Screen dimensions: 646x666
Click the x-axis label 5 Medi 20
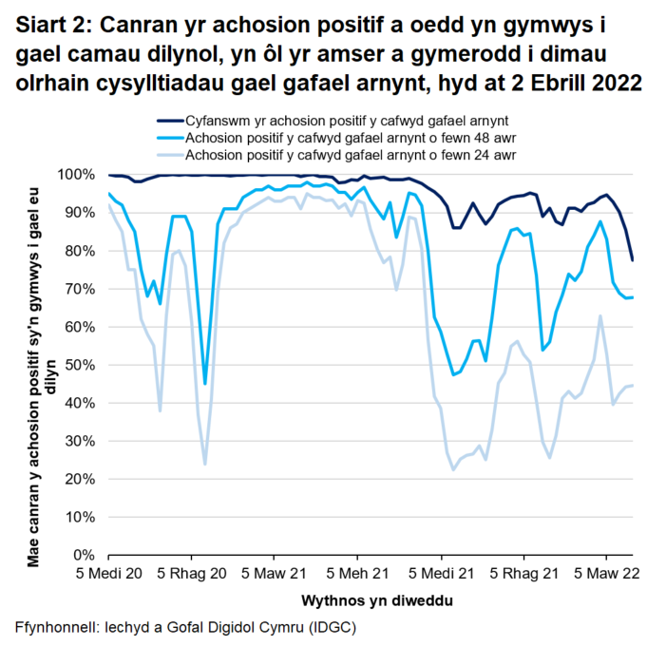pos(110,574)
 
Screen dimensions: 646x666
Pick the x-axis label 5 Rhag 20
pos(193,574)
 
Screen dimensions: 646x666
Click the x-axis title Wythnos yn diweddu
pos(376,601)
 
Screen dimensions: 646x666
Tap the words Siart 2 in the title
pos(49,24)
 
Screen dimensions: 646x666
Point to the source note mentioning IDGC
pos(185,628)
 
